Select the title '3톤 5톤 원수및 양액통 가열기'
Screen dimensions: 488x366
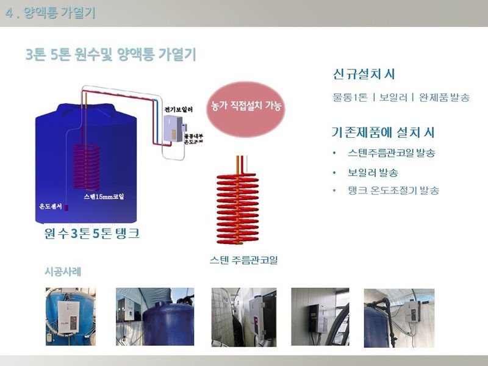coord(110,54)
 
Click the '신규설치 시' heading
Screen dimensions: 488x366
coord(364,74)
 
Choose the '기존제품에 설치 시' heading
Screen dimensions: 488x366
coord(382,132)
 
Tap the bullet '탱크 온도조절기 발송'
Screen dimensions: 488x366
coord(392,191)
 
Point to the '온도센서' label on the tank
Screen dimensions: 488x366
coord(51,206)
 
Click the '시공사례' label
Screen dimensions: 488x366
coord(63,271)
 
